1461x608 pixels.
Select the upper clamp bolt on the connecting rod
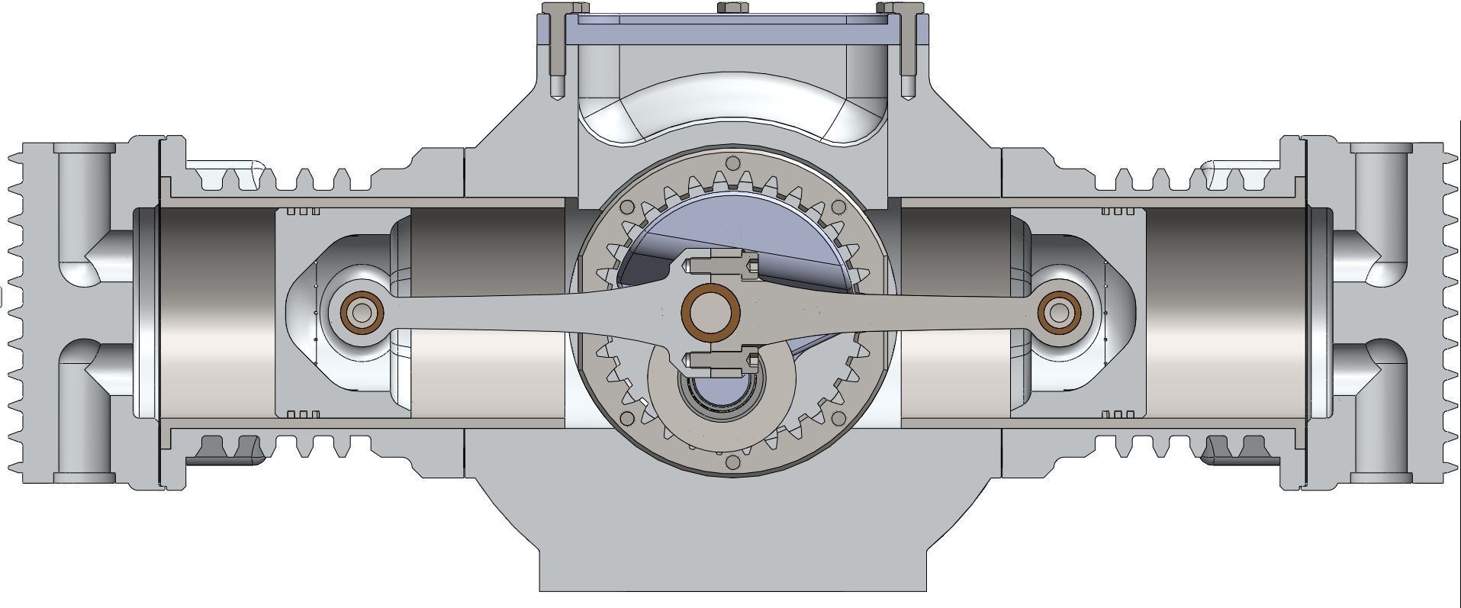(x=721, y=265)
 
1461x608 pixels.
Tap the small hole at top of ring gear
(x=733, y=162)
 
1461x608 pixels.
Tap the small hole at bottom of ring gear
(x=733, y=462)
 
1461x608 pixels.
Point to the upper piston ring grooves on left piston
(x=304, y=211)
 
